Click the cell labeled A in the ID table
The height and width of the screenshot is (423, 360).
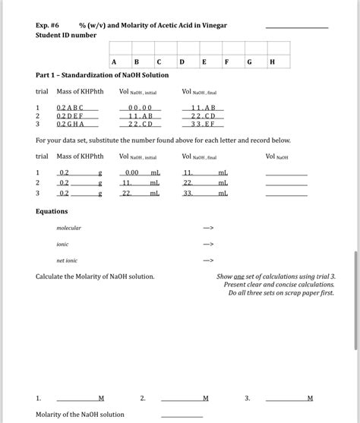(x=114, y=62)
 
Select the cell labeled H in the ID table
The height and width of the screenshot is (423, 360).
(x=272, y=62)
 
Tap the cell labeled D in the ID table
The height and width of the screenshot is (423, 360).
(x=182, y=62)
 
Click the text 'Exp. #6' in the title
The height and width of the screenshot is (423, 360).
(x=49, y=25)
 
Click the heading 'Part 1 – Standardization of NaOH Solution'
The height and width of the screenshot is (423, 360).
(x=103, y=75)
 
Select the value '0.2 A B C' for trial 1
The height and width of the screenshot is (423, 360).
(x=71, y=108)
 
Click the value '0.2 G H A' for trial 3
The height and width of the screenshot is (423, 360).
(x=71, y=124)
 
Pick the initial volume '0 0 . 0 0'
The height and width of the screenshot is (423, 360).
(x=141, y=108)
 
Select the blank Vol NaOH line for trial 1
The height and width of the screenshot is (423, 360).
(x=286, y=173)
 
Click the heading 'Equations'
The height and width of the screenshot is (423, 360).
(x=52, y=211)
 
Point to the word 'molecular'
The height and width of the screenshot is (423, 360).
(x=68, y=228)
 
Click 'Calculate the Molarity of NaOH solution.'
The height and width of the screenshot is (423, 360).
(x=95, y=276)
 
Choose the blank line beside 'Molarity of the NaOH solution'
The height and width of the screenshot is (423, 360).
(x=182, y=415)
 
